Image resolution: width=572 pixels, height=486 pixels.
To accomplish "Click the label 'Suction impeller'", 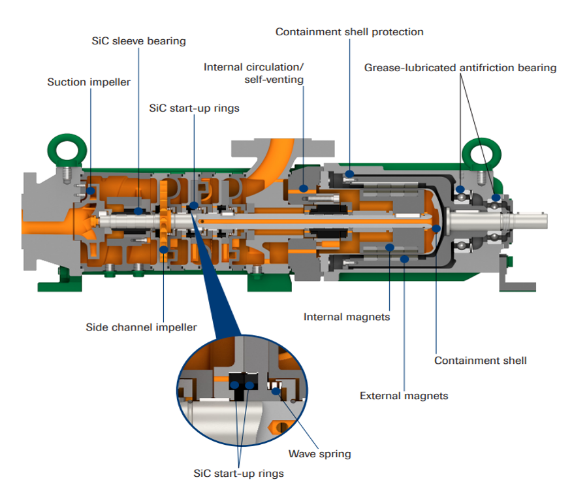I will click(89, 82).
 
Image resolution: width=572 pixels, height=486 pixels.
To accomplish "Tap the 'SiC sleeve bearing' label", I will click(138, 41).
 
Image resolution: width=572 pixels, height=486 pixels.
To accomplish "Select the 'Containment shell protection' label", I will click(349, 31).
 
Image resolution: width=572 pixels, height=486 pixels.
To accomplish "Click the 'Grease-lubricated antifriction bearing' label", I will click(460, 67).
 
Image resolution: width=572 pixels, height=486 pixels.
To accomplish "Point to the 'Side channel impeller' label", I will click(141, 327).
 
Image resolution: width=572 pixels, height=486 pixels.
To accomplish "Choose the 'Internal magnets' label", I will click(347, 317).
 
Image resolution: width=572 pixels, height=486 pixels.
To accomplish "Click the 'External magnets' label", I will click(404, 395).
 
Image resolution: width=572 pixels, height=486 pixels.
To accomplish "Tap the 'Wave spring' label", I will click(320, 453).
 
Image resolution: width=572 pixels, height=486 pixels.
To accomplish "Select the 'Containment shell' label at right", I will click(481, 360).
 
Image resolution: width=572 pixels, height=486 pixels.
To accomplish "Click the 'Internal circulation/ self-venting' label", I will click(254, 73).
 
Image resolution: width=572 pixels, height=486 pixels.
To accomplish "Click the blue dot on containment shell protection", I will click(350, 174).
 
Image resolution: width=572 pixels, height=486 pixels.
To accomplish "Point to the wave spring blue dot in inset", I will click(277, 391).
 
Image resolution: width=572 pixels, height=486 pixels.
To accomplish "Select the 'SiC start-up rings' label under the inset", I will click(239, 473).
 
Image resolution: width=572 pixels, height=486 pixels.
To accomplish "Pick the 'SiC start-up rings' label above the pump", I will click(195, 108).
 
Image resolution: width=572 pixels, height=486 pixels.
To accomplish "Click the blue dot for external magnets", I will click(405, 259).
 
